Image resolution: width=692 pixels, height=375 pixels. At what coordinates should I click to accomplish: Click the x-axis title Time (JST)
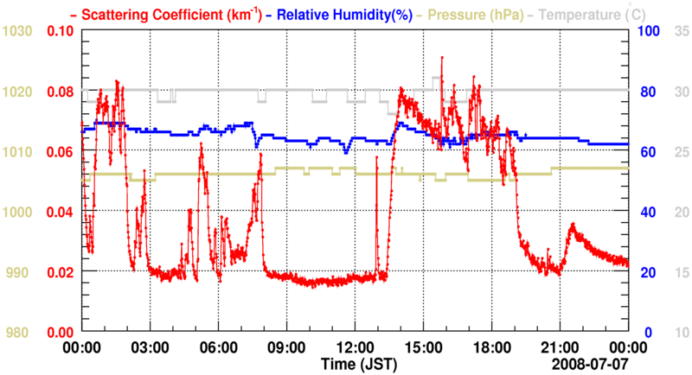pos(355,361)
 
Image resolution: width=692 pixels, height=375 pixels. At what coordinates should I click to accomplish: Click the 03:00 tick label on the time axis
pos(150,346)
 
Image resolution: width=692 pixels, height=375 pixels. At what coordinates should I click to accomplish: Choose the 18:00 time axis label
pos(491,346)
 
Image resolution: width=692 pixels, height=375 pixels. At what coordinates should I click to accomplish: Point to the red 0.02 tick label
pos(61,272)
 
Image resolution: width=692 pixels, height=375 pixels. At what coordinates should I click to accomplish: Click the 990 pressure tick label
pos(20,272)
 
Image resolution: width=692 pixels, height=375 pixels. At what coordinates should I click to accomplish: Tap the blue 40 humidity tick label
pos(644,212)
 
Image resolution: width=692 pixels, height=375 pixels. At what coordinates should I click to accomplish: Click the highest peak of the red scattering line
pos(441,58)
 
